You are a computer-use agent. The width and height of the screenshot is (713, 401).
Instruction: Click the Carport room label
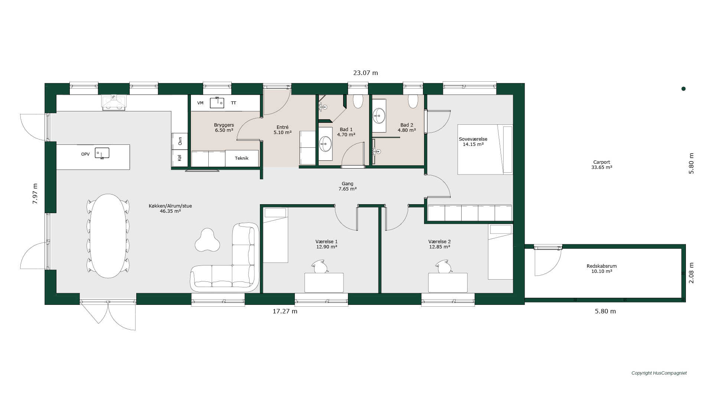click(602, 165)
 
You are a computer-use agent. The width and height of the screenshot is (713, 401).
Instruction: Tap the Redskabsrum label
click(602, 269)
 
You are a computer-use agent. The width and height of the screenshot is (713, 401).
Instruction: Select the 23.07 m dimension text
click(365, 73)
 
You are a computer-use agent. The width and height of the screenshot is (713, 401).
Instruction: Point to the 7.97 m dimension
click(35, 193)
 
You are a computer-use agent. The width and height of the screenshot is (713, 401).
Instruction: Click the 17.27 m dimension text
click(285, 311)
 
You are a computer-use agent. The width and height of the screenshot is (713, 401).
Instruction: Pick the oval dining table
click(108, 236)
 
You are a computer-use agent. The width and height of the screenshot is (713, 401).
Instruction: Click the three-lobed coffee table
click(207, 240)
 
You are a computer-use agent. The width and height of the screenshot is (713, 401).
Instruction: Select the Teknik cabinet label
click(241, 158)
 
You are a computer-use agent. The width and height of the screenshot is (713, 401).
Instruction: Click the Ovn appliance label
click(180, 141)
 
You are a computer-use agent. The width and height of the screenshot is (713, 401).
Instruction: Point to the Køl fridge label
click(180, 158)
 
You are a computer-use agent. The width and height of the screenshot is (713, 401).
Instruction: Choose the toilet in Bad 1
click(358, 101)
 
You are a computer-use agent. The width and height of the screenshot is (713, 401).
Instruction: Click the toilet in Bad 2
click(413, 101)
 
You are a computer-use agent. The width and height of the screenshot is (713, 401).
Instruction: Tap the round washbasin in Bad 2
click(379, 115)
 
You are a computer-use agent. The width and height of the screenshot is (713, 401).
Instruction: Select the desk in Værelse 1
click(324, 283)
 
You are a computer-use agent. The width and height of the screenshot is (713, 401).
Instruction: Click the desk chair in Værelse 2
click(444, 267)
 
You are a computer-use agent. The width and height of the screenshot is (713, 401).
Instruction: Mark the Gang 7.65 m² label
click(348, 186)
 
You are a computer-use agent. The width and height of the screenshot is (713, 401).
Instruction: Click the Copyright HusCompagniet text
click(659, 373)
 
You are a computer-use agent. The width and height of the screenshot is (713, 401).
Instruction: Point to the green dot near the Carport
click(683, 89)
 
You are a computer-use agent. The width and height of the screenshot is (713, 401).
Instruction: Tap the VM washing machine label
click(200, 103)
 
